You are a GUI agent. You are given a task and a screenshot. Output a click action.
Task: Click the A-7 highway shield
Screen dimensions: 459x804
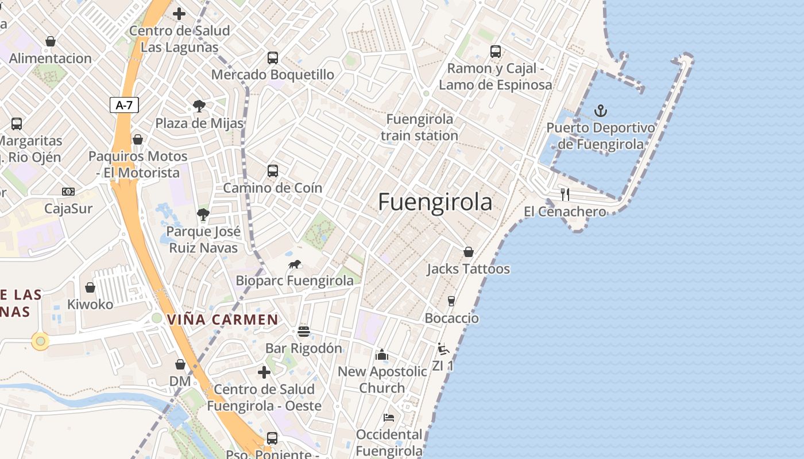[124, 105]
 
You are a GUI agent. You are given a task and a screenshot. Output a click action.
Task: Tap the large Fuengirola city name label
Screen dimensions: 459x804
[435, 203]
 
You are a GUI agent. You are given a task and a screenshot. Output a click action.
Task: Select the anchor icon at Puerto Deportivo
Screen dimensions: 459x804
[601, 110]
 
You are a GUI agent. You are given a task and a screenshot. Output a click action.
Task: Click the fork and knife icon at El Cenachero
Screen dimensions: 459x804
[565, 194]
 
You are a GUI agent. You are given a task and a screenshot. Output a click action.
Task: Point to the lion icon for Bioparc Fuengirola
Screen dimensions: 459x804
[295, 264]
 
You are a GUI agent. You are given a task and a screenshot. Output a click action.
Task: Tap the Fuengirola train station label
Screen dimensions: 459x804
[419, 127]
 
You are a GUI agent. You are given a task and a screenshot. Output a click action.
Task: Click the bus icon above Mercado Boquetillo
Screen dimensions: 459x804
[273, 57]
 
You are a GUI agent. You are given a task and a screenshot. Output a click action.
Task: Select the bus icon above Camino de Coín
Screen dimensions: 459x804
[273, 170]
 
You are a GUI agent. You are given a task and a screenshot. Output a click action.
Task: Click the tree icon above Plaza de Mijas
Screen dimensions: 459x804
[199, 106]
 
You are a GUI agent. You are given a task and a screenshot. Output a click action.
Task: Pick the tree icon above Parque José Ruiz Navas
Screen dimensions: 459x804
[203, 215]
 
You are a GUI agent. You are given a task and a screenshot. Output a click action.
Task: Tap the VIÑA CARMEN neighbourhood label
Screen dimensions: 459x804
[223, 320]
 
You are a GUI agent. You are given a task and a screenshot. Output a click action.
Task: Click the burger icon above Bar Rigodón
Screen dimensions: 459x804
[304, 331]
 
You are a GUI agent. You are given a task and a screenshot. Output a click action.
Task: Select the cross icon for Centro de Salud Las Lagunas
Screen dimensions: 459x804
[179, 13]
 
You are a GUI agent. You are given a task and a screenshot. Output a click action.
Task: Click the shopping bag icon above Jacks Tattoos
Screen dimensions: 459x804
[469, 252]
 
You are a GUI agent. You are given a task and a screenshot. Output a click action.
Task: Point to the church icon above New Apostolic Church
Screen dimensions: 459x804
[382, 355]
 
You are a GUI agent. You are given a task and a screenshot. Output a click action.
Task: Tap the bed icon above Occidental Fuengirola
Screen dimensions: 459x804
[389, 418]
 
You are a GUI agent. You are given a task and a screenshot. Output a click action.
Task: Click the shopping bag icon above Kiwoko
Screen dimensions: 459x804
[90, 287]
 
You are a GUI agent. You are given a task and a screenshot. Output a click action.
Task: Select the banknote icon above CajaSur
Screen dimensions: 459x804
[68, 192]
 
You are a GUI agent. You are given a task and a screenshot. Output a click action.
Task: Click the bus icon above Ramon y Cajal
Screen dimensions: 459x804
[496, 52]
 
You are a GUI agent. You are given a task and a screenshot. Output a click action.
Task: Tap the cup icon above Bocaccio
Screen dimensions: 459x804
[451, 301]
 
